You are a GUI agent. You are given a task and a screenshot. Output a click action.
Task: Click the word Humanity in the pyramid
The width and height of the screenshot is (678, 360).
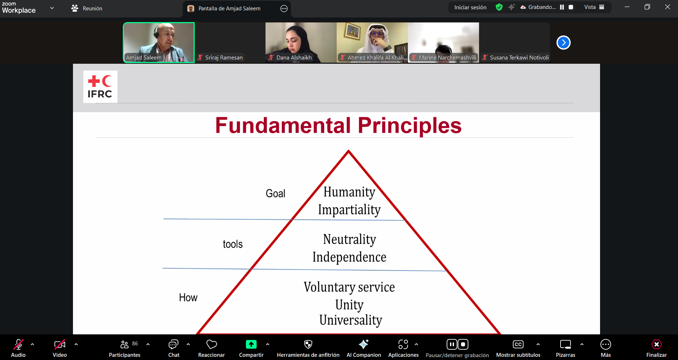[x=349, y=192]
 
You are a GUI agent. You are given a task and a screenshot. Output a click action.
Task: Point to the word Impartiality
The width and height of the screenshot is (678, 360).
[x=349, y=210]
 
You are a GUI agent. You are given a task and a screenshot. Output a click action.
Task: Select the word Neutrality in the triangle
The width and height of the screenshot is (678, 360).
[x=349, y=240]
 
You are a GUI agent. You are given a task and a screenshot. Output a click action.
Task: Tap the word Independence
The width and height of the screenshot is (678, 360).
[x=349, y=257]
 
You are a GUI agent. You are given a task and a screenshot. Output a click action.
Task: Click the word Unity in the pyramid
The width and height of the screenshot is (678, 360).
[x=349, y=305]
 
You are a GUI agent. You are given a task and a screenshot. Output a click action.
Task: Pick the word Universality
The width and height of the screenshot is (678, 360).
[x=351, y=320]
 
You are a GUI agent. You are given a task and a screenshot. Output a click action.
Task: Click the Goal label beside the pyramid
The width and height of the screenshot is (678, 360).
[x=275, y=193]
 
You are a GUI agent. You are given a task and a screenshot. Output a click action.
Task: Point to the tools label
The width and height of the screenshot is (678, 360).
[x=233, y=244]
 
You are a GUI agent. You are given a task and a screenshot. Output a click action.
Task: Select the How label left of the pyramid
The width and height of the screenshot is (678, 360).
[x=188, y=297]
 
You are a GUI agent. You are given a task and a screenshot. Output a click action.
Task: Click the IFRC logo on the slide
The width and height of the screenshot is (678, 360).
[x=100, y=87]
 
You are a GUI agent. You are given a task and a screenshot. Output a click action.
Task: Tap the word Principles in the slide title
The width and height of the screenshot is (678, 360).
[x=409, y=126]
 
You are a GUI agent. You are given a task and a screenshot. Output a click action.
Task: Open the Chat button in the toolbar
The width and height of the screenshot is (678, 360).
[x=173, y=345]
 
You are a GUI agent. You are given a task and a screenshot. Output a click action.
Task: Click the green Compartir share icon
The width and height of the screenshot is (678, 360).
[x=251, y=344]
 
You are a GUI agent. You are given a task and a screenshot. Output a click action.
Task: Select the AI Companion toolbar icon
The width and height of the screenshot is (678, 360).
[x=363, y=344]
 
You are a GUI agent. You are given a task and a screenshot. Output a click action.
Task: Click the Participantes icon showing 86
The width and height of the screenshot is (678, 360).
[x=125, y=344]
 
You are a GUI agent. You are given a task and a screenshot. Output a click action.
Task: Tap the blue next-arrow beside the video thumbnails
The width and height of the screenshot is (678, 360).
[x=563, y=43]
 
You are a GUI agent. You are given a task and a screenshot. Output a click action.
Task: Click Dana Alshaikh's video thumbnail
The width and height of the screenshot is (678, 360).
[x=301, y=42]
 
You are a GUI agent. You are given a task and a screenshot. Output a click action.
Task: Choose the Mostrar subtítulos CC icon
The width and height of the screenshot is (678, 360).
[x=518, y=344]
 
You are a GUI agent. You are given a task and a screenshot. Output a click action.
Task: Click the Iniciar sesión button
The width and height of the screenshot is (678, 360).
[x=470, y=7]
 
